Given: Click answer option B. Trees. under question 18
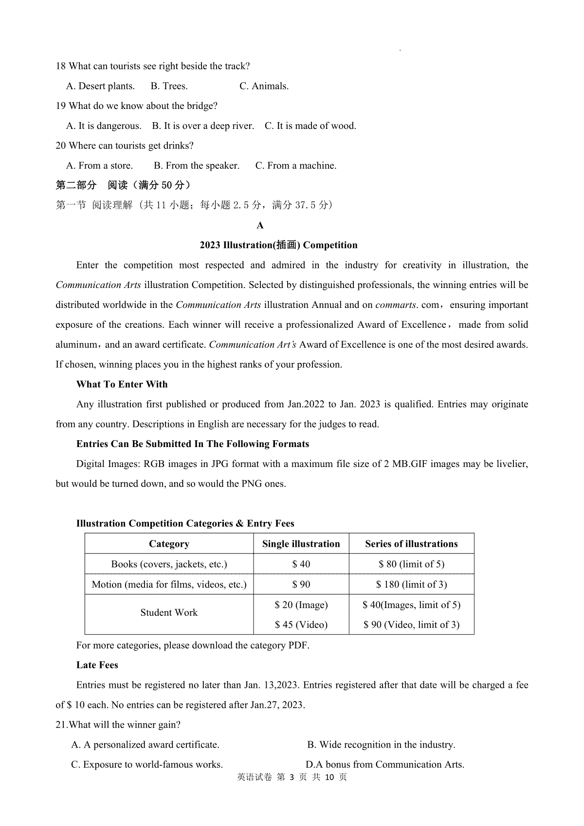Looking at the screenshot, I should [169, 86].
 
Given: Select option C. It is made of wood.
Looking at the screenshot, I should [310, 126].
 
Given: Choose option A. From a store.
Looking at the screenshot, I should [99, 166].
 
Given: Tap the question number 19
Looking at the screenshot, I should [61, 106].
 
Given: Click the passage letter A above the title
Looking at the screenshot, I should [260, 226].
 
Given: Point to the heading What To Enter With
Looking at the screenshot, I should [122, 384].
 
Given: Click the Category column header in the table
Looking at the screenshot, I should [169, 544].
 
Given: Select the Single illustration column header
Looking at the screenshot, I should [301, 544].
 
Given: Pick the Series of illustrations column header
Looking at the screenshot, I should [411, 544].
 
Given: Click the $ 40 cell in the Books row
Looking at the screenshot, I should [301, 564].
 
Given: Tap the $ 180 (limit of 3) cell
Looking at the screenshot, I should [411, 585].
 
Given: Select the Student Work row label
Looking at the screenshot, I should [169, 613].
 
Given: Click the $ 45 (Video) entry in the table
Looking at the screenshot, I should [301, 625].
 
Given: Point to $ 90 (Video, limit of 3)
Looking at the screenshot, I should [411, 625].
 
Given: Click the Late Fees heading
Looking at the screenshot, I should [97, 665].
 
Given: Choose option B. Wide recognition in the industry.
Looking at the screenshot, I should [381, 745].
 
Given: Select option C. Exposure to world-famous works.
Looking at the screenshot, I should [147, 765].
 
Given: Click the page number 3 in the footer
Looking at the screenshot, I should [292, 777].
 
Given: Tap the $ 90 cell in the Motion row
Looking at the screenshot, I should [301, 585].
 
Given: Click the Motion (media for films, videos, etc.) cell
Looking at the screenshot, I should [169, 585].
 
